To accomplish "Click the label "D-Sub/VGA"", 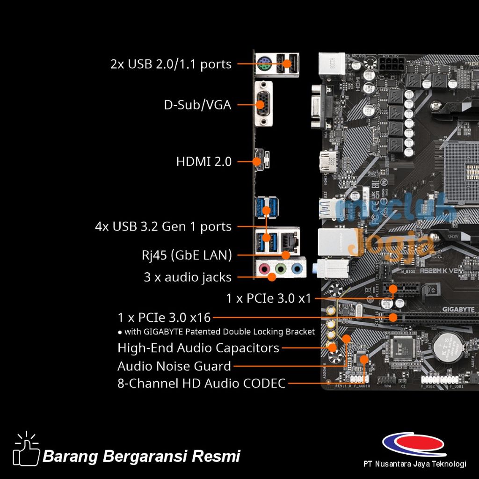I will click(197, 105).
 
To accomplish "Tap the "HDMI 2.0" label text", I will click(203, 162).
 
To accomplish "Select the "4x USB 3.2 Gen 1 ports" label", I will click(163, 226).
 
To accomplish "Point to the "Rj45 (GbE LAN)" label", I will click(187, 255).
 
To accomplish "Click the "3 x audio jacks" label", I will click(188, 277).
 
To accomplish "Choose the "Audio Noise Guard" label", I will click(174, 366).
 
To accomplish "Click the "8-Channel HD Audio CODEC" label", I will click(201, 384).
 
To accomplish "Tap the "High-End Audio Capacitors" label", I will click(198, 348).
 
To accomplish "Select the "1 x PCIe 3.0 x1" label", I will click(269, 298).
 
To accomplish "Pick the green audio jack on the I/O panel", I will click(280, 269).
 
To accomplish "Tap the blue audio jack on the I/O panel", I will click(296, 269).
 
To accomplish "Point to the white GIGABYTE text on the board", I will click(458, 309).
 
